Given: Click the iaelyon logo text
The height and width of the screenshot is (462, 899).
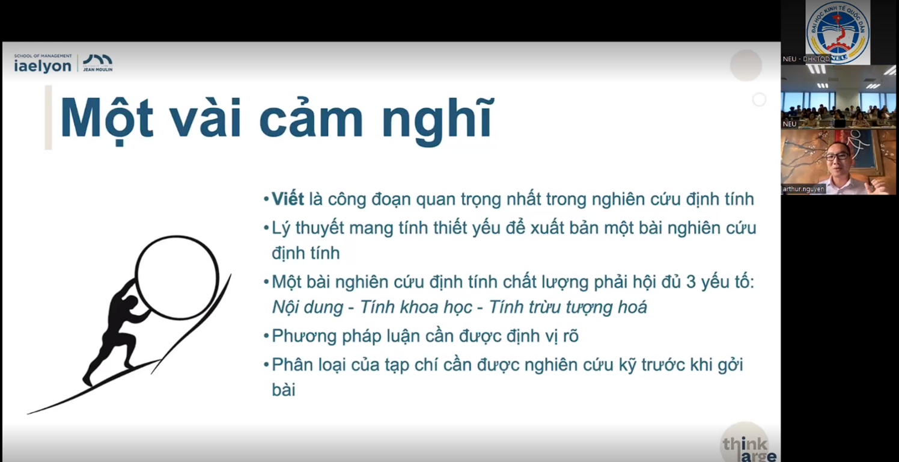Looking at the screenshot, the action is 43,66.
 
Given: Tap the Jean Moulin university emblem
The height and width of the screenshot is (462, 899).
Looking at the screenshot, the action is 97,63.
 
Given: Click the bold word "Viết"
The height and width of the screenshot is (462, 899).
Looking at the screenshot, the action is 288,199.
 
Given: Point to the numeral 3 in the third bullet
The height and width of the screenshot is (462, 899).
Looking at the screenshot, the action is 690,282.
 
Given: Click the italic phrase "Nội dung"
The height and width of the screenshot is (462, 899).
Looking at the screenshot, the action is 308,307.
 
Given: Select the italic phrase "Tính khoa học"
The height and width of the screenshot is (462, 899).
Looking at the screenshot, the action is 416,307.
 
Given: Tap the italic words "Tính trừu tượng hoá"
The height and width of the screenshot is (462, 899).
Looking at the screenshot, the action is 568,308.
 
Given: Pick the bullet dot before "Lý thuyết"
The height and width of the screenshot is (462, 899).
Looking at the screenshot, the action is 266,228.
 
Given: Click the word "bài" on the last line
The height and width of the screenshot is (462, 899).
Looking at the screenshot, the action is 284,390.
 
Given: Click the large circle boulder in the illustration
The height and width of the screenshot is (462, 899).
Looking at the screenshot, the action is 177,277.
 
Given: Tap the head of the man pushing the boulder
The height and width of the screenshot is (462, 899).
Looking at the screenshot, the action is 130,303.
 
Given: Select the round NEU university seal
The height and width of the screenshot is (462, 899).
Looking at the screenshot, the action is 838,32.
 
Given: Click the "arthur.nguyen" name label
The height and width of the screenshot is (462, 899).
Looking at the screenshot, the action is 803,189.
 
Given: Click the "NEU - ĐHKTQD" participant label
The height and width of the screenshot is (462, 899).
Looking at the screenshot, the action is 806,59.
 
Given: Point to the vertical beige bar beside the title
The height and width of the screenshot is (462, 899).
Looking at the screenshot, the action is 48,117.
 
